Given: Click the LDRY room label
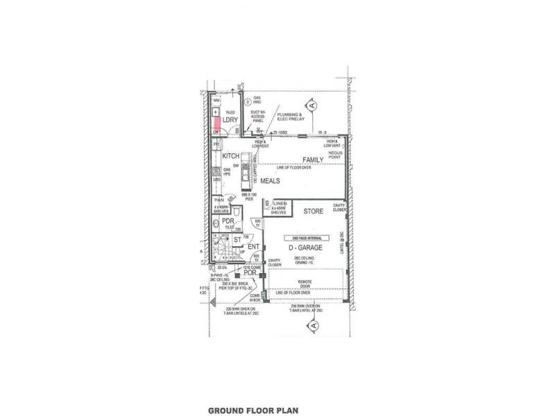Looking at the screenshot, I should [230, 119].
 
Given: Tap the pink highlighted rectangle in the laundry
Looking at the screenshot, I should [216, 119].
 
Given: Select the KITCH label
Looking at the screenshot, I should [230, 157].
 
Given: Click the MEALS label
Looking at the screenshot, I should [270, 180].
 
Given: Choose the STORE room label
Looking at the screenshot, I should [314, 211].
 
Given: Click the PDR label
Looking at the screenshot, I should [227, 222].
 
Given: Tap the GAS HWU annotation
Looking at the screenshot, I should [256, 100].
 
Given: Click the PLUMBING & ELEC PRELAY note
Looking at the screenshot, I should [291, 116].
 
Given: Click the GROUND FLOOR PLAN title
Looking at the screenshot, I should [248, 410].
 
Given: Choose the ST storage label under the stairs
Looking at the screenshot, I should [237, 240].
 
